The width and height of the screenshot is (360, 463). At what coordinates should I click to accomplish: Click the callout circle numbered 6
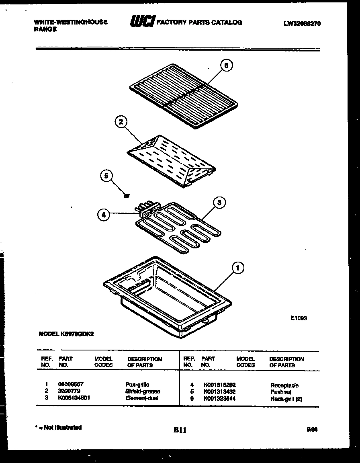click(x=227, y=66)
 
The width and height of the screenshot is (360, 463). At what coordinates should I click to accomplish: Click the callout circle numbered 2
click(x=120, y=122)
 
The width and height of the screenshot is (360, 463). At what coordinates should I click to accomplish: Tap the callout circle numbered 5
click(x=106, y=176)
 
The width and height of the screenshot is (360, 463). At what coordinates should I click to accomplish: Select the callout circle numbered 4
click(x=104, y=215)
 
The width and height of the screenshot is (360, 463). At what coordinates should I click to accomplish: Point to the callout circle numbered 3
click(x=219, y=203)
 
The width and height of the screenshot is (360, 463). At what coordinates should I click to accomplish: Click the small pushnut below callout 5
click(x=127, y=196)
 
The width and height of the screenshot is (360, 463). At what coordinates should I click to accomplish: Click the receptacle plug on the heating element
click(x=146, y=209)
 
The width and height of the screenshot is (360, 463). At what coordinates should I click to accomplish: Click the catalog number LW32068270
click(x=302, y=23)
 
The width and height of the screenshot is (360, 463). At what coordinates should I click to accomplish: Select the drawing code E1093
click(x=299, y=318)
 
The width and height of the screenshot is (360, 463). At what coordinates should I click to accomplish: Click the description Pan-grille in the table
click(x=137, y=385)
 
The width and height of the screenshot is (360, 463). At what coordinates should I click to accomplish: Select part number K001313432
click(x=219, y=391)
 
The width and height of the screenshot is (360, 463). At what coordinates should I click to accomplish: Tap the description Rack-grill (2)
click(x=286, y=399)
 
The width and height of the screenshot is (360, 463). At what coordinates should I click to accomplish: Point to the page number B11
click(x=180, y=430)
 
